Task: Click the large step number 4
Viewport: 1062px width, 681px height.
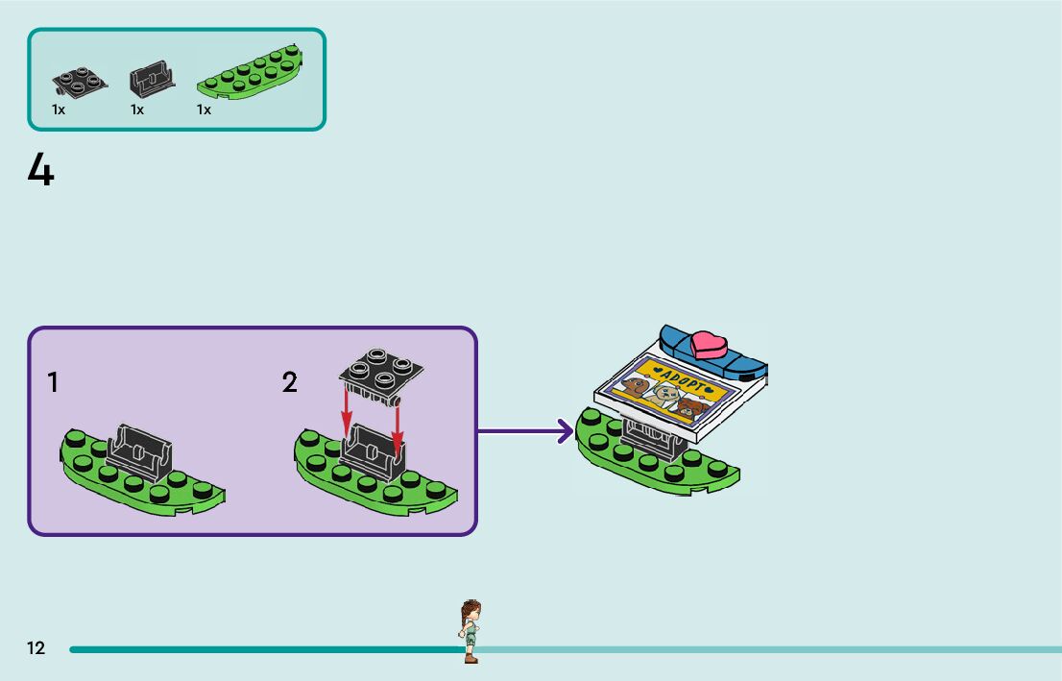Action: tap(40, 169)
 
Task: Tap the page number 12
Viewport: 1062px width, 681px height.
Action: tap(36, 647)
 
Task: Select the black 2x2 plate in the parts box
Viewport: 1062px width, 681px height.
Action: tap(80, 82)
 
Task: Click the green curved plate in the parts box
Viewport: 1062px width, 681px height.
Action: tap(250, 72)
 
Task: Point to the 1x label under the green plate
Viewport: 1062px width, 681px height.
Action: tap(204, 109)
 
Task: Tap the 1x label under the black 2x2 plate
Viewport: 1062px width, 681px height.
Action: tap(59, 109)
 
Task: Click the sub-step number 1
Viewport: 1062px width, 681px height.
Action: tap(54, 383)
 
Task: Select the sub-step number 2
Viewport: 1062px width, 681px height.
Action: tap(290, 383)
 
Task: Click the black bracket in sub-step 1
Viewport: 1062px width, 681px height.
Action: tap(140, 452)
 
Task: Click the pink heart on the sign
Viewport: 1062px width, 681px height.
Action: tap(709, 345)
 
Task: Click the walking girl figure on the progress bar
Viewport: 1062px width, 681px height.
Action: tap(471, 631)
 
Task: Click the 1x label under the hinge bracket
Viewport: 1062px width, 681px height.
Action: tap(137, 109)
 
